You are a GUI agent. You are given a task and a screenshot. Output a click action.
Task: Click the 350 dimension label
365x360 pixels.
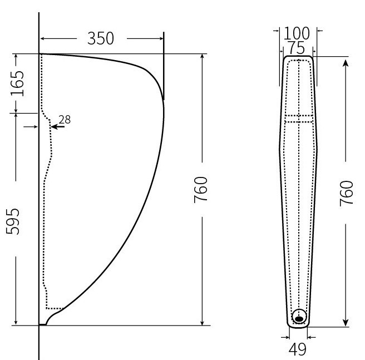click(101, 38)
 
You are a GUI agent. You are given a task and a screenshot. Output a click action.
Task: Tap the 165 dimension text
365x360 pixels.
click(17, 83)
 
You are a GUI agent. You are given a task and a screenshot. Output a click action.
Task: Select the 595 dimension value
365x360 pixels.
click(13, 221)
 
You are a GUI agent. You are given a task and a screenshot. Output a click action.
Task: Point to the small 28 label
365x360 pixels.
click(65, 120)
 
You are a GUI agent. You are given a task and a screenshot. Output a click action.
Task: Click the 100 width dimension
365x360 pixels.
click(297, 33)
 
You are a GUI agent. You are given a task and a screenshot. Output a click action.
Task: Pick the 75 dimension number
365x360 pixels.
click(297, 48)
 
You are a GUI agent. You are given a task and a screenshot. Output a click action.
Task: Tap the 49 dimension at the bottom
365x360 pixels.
click(298, 349)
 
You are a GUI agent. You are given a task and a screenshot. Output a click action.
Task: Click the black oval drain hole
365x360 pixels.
click(299, 319)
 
